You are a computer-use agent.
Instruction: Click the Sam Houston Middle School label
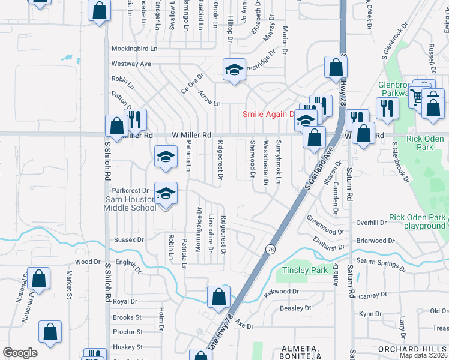(x=130, y=203)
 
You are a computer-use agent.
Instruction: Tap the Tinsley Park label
(x=306, y=270)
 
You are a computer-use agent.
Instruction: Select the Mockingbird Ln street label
(x=133, y=49)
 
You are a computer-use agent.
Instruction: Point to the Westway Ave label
(x=131, y=64)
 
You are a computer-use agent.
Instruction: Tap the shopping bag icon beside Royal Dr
(x=219, y=296)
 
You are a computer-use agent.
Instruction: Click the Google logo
(x=20, y=352)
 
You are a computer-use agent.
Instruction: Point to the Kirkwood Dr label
(x=281, y=292)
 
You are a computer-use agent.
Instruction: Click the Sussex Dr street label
(x=129, y=239)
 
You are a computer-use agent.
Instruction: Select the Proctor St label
(x=127, y=332)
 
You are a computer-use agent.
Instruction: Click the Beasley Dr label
(x=295, y=308)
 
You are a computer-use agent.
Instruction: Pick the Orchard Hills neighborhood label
(x=413, y=349)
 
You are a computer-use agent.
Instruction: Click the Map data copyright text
(x=423, y=355)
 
